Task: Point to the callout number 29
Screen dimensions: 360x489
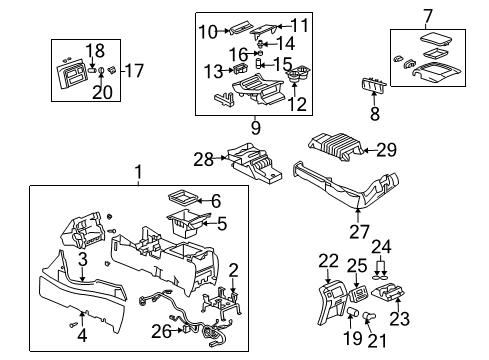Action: click(384, 151)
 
